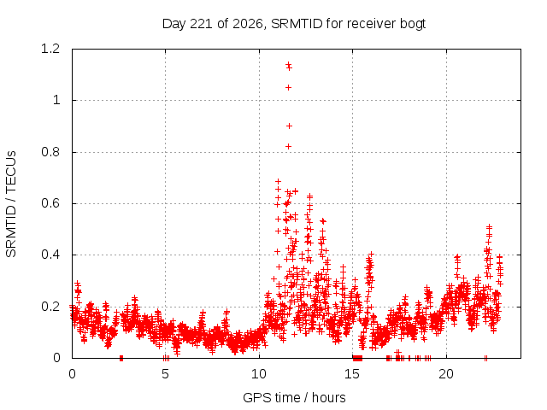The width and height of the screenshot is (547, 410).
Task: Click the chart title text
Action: click(x=294, y=24)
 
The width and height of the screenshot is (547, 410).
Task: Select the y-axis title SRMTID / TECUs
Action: click(x=11, y=204)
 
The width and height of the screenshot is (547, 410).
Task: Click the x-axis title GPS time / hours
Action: click(x=294, y=397)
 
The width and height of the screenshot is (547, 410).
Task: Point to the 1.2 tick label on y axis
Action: click(x=50, y=49)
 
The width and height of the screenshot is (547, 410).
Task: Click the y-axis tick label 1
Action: click(x=56, y=101)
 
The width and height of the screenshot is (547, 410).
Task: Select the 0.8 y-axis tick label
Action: click(x=50, y=152)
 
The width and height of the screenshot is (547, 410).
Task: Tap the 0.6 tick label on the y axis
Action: click(x=50, y=203)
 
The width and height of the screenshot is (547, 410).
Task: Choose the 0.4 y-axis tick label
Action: click(x=50, y=255)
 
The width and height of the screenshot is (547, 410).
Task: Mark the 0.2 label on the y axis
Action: click(x=50, y=307)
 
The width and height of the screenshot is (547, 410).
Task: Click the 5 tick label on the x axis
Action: click(x=165, y=374)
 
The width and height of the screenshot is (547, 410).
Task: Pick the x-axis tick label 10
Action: click(x=259, y=374)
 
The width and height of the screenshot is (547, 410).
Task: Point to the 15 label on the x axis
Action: click(x=352, y=374)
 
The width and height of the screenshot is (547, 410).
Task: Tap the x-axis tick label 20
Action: click(x=446, y=374)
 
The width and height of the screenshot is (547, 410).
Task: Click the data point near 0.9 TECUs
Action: click(x=289, y=126)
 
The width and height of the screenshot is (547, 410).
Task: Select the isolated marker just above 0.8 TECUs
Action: click(x=288, y=146)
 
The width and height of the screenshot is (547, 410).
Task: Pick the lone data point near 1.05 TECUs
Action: click(x=288, y=87)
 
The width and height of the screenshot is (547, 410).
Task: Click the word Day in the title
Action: click(x=174, y=24)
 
